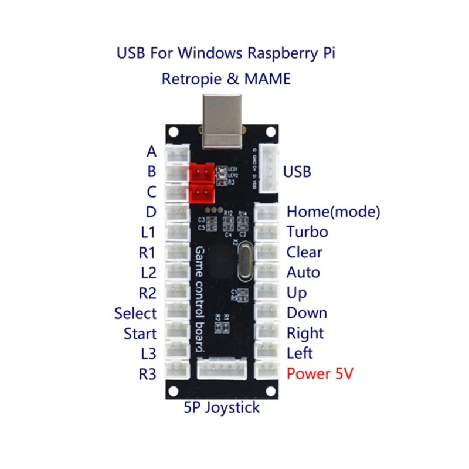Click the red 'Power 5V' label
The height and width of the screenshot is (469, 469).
pyautogui.click(x=320, y=373)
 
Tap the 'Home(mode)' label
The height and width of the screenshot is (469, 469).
pyautogui.click(x=333, y=212)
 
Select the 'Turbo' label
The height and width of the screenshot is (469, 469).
pyautogui.click(x=307, y=232)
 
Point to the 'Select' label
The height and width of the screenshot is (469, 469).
pyautogui.click(x=135, y=313)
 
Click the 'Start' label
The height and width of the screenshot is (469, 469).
pyautogui.click(x=140, y=334)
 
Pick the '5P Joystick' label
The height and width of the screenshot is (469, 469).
pyautogui.click(x=222, y=407)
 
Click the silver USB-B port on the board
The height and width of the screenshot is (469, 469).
pyautogui.click(x=222, y=120)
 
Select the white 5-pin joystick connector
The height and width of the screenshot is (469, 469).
pyautogui.click(x=222, y=369)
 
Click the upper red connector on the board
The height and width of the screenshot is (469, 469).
pyautogui.click(x=202, y=172)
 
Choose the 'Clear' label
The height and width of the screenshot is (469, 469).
pyautogui.click(x=304, y=252)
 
